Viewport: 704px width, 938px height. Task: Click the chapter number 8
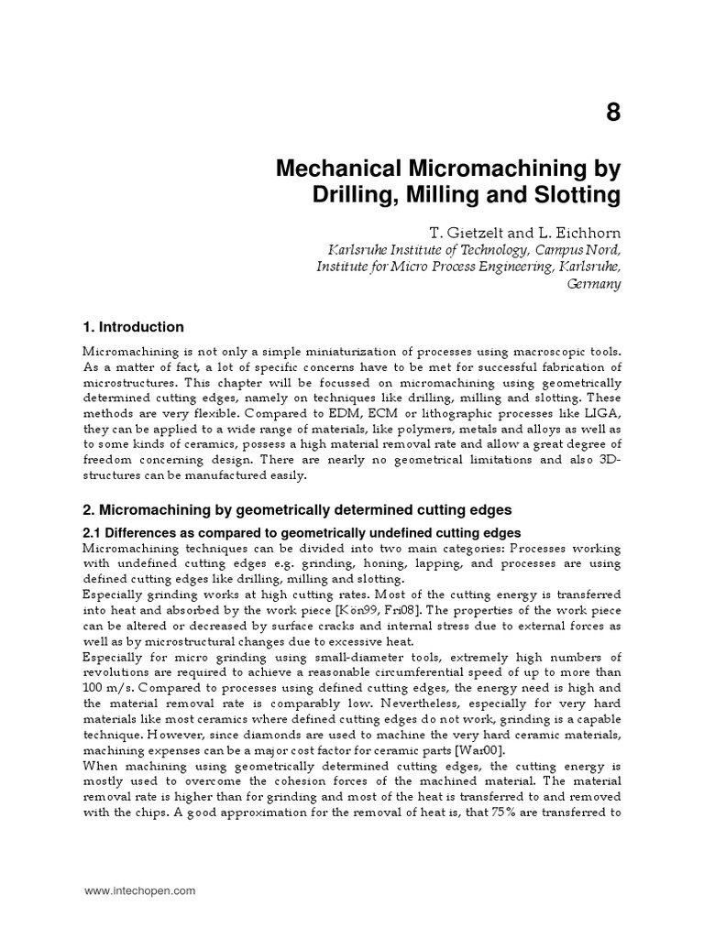click(x=612, y=113)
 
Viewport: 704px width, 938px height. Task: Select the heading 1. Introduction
click(x=134, y=327)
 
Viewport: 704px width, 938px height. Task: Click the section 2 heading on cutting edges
click(x=297, y=509)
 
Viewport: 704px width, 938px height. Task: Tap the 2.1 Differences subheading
click(x=302, y=532)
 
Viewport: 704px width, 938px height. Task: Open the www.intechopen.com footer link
click(x=140, y=890)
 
